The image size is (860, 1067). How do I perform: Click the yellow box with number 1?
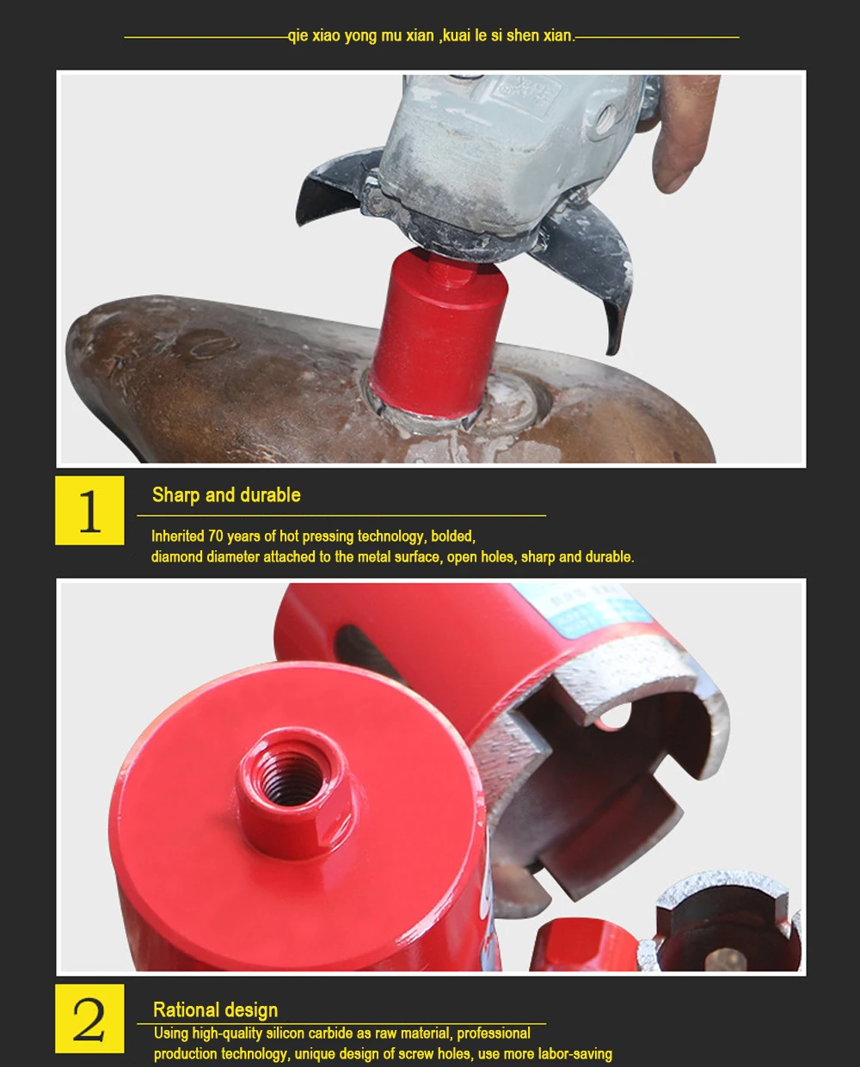89,511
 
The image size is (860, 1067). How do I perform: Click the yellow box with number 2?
89,1019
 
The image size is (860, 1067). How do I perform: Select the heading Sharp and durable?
226,495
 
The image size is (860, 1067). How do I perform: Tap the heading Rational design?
215,1009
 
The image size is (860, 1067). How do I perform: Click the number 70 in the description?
215,537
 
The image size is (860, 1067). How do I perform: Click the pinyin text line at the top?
430,36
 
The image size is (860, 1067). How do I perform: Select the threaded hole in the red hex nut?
290,779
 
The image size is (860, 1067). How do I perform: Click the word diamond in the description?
177,557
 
